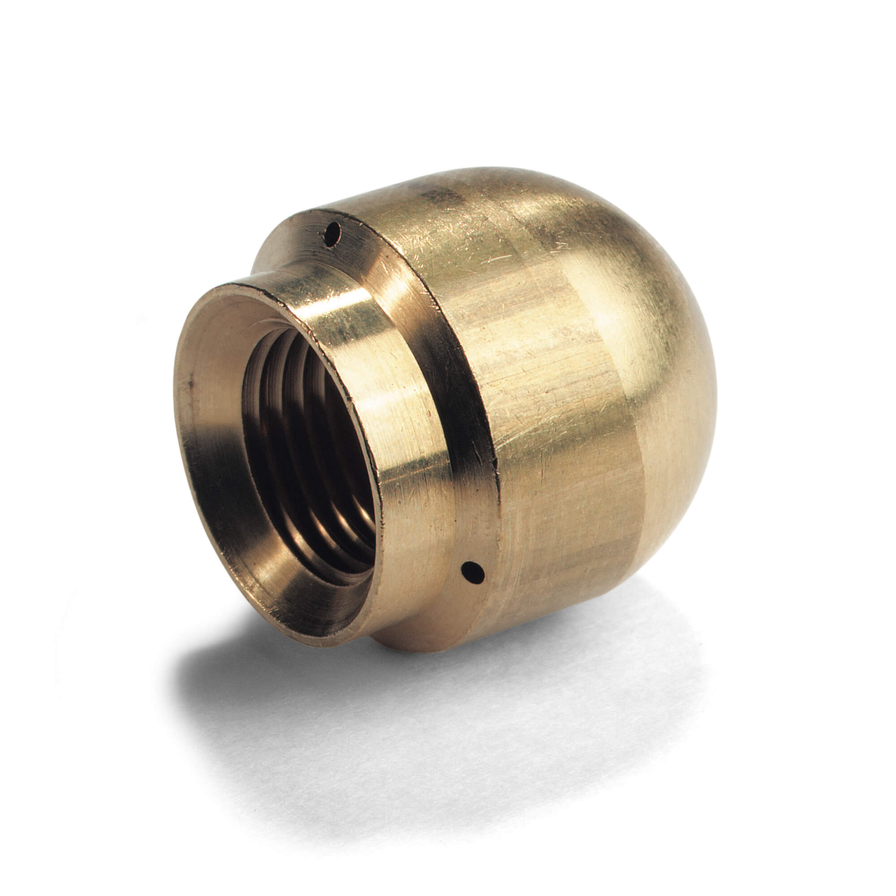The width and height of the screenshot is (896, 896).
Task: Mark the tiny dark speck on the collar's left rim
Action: (190, 383)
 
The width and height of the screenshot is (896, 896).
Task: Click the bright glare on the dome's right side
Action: (617, 315)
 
